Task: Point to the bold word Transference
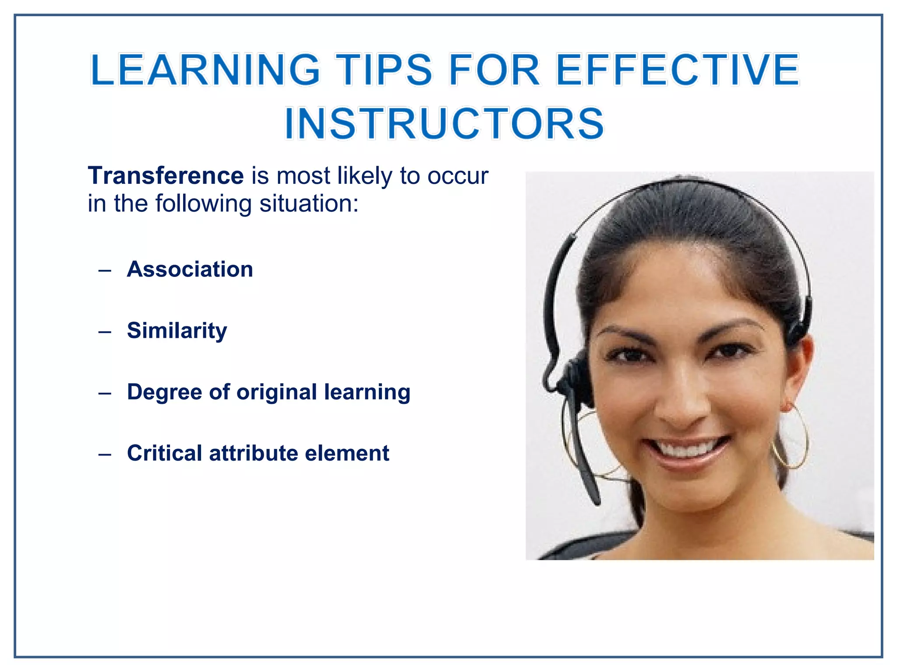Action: point(166,176)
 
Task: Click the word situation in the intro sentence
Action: point(309,204)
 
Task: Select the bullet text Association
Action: point(190,269)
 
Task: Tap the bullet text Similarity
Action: point(177,331)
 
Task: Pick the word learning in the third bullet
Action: point(367,392)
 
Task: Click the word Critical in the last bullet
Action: point(164,453)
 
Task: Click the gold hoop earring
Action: point(791,437)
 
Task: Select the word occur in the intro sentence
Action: point(458,176)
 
